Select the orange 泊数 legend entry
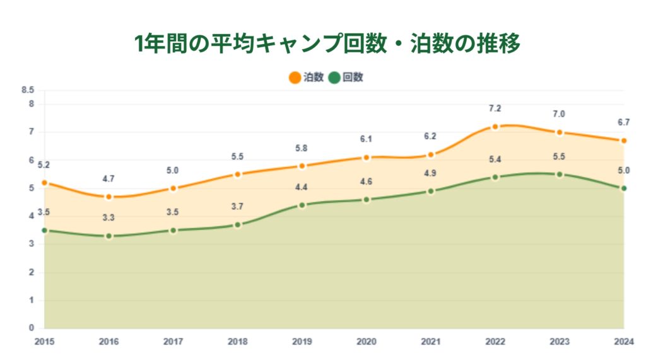point(307,78)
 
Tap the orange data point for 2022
point(495,127)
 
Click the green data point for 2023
point(560,174)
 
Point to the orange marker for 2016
point(109,197)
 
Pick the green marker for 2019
point(302,205)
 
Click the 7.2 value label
point(495,108)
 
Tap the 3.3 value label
point(109,217)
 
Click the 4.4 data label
point(302,187)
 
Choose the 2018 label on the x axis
point(237,342)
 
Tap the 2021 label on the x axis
point(431,342)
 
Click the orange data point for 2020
point(367,158)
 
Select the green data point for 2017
point(173,230)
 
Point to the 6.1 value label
point(367,139)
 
